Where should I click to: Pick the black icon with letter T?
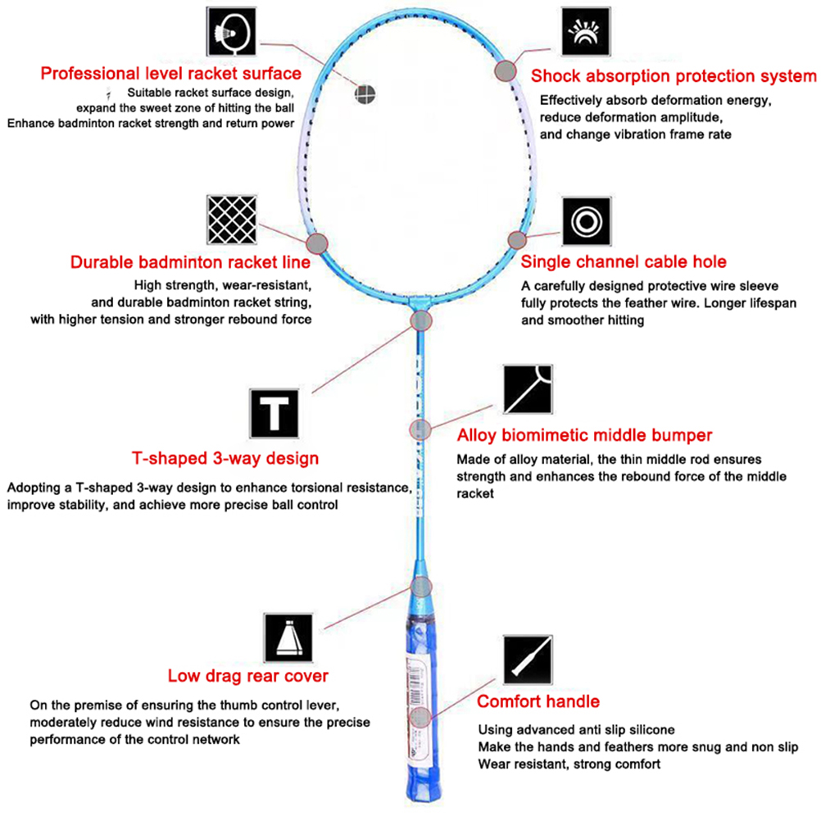pos(273,412)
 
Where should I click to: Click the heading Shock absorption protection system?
pos(674,76)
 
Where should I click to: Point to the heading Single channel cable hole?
pos(624,262)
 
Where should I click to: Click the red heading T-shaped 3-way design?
pos(225,458)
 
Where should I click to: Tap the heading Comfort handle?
pos(538,701)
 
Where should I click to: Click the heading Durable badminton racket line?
pos(190,263)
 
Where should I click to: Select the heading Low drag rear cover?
pos(247,676)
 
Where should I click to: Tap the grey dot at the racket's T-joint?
pos(420,320)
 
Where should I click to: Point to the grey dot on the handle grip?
pos(420,718)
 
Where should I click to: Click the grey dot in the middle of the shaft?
pos(420,430)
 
